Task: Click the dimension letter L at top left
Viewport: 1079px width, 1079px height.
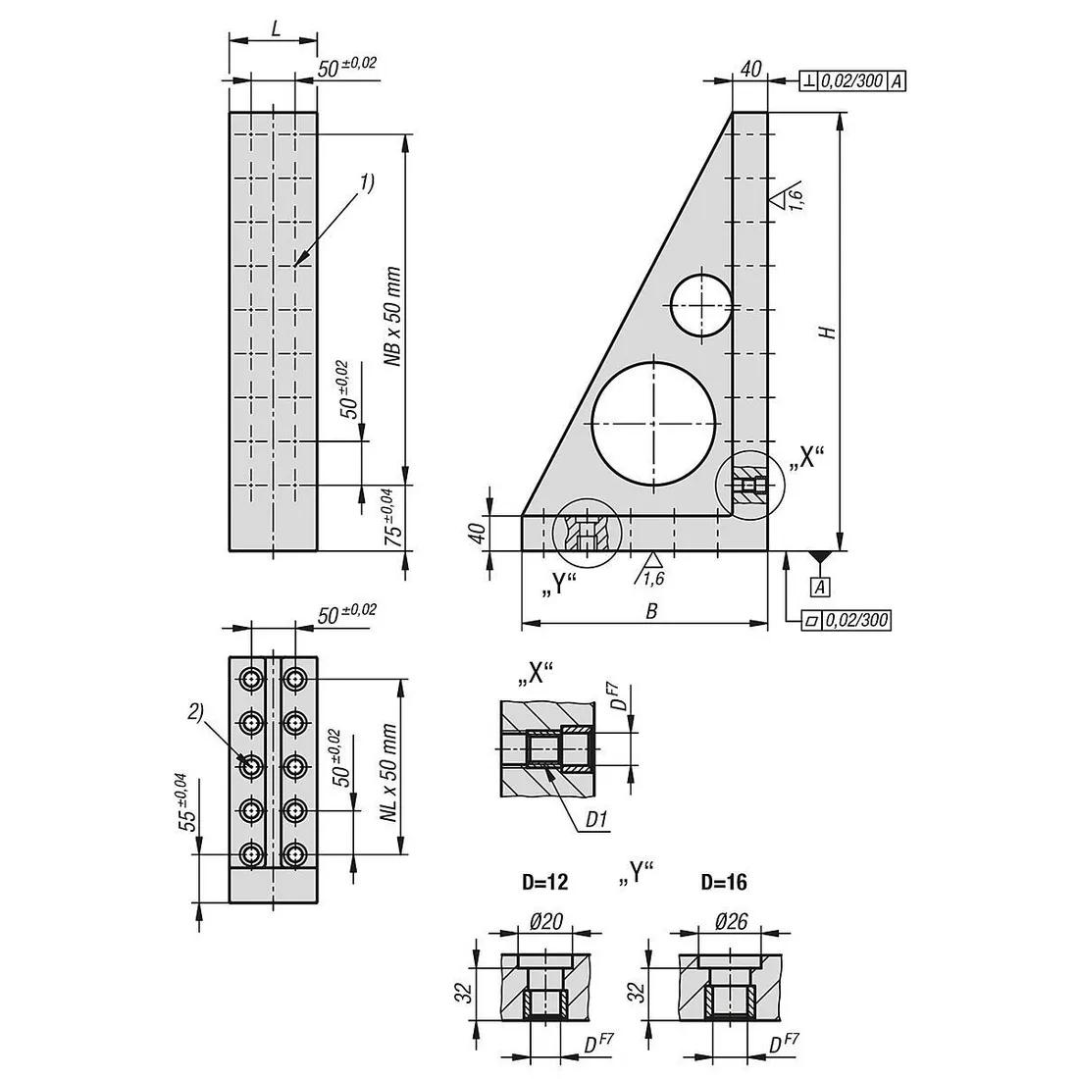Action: pyautogui.click(x=276, y=29)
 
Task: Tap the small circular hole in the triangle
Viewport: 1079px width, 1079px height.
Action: pyautogui.click(x=701, y=304)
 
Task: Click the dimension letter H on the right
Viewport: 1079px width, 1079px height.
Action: pyautogui.click(x=828, y=333)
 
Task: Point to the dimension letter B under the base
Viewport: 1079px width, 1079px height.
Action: pyautogui.click(x=650, y=610)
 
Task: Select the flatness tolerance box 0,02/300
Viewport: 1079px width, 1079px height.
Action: pyautogui.click(x=847, y=620)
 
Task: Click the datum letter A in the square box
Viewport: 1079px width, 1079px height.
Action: pyautogui.click(x=817, y=587)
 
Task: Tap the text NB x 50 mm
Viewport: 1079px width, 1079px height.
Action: pyautogui.click(x=393, y=316)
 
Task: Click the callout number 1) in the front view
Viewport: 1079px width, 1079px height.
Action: pyautogui.click(x=367, y=181)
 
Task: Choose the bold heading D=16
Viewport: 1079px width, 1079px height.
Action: pyautogui.click(x=723, y=883)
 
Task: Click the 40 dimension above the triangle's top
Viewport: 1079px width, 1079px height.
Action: pyautogui.click(x=749, y=68)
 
